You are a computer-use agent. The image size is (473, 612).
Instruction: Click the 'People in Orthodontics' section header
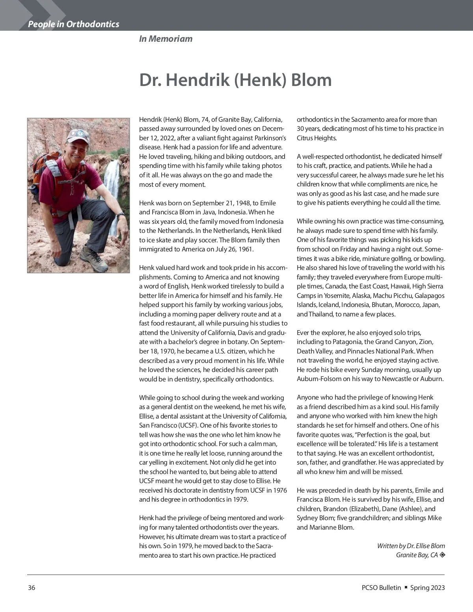coord(73,24)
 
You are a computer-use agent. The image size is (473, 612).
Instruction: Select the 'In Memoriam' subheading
coord(166,39)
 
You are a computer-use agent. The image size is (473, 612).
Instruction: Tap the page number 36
coord(32,588)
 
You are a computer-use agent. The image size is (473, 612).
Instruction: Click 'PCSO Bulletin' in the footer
coord(381,588)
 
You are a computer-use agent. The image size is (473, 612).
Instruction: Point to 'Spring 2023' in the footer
coord(427,588)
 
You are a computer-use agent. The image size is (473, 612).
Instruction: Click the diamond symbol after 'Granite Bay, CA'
coord(442,555)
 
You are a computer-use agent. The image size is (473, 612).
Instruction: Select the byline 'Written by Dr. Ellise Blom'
coord(411,546)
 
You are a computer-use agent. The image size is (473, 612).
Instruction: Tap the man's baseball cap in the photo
coord(75,135)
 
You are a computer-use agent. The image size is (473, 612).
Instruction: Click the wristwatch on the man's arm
coord(121,215)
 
